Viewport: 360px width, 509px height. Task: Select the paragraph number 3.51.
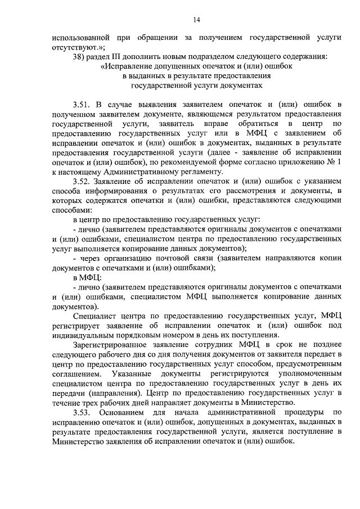tap(82, 104)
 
